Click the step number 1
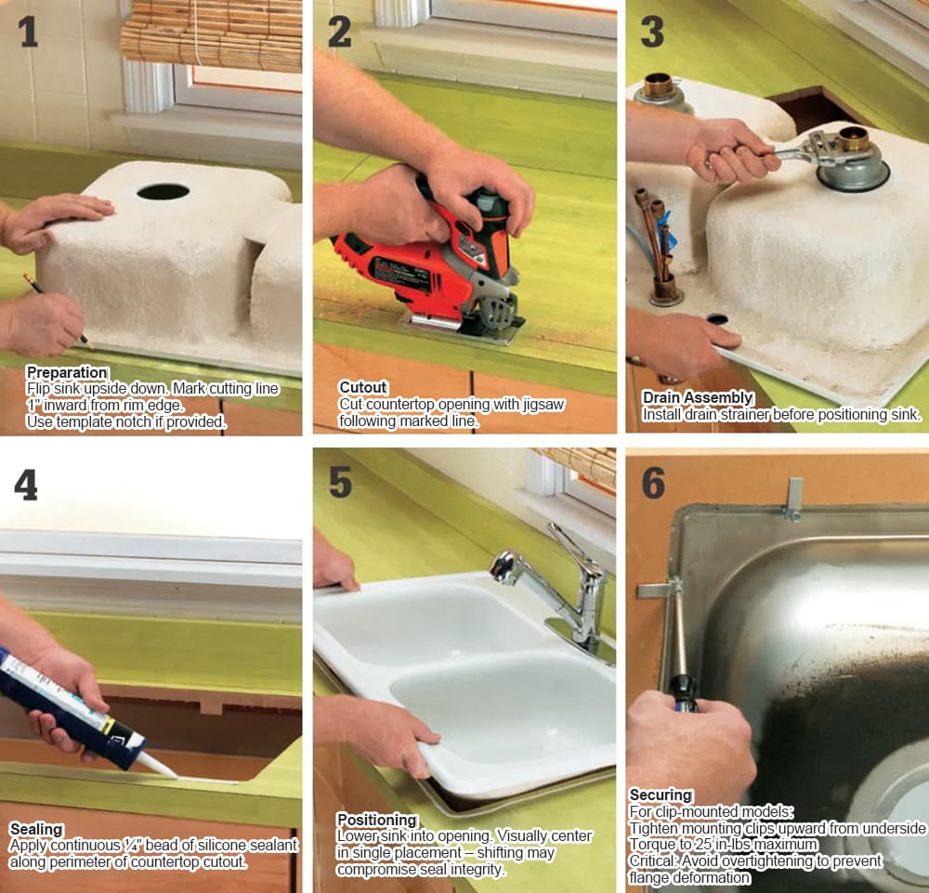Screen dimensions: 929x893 (x=29, y=32)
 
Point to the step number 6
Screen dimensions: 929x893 (x=653, y=483)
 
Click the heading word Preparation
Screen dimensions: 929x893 (x=67, y=372)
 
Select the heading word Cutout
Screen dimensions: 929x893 (x=362, y=387)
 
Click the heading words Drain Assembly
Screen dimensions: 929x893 (x=698, y=397)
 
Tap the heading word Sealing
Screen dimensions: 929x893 (x=36, y=829)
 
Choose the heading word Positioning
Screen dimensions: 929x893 (x=377, y=821)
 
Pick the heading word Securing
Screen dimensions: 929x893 (x=661, y=795)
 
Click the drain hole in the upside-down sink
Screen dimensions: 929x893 (x=163, y=191)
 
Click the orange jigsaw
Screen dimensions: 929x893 (x=433, y=265)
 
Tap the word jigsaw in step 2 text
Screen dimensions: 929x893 (x=543, y=405)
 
